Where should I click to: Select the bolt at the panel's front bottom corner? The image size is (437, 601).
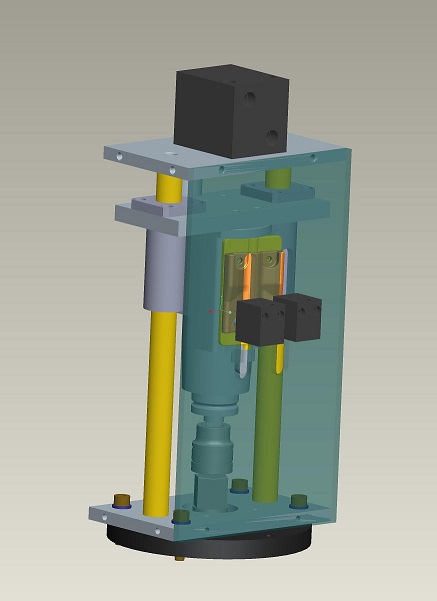point(182,517)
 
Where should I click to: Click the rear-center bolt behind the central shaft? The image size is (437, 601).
point(239,486)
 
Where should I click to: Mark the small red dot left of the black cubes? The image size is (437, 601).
point(211,310)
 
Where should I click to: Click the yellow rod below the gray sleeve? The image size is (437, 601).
point(160,400)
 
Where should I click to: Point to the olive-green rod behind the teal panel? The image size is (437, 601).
point(267,430)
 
